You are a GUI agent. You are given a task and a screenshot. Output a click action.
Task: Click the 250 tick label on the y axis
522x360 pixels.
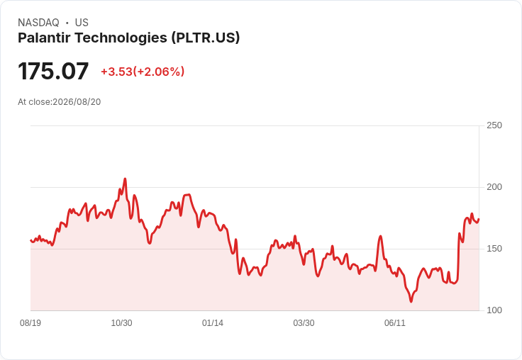pos(494,125)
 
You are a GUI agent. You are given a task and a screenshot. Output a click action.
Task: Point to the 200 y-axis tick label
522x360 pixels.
pos(494,187)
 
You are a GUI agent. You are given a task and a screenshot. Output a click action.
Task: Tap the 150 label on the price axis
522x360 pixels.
pos(494,249)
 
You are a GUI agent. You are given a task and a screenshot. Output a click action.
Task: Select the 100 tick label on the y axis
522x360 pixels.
pos(494,310)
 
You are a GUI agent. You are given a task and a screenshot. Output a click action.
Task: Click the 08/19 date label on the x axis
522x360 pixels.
pos(30,322)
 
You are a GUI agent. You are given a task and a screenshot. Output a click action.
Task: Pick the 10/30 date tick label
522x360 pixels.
pos(121,322)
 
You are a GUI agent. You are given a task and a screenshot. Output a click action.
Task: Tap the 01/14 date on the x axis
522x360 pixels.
pos(213,322)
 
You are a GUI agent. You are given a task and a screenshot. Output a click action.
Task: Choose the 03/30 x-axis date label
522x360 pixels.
pos(304,322)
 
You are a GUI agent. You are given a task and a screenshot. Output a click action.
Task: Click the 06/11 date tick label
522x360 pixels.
pos(395,322)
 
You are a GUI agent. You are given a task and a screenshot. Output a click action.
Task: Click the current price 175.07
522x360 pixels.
pos(53,71)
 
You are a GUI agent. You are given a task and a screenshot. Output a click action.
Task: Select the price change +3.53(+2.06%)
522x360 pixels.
pos(143,72)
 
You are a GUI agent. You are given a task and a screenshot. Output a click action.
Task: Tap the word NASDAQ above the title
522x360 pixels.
pos(38,23)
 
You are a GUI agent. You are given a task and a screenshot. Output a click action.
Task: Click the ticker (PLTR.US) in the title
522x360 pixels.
pos(206,38)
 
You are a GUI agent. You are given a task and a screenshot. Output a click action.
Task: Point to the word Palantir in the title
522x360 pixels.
pos(44,38)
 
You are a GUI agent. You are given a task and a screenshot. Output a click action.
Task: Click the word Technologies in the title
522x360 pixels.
pos(121,38)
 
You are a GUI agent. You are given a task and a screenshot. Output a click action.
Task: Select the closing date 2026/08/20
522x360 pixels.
pos(77,102)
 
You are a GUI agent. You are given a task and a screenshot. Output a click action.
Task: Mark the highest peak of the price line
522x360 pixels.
pos(125,179)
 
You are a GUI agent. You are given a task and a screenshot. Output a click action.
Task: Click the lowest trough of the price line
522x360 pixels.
pos(411,301)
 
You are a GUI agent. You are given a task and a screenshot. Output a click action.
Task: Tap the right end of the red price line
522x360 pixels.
pos(479,219)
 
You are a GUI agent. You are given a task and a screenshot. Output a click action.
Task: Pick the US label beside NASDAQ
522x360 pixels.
pos(82,23)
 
